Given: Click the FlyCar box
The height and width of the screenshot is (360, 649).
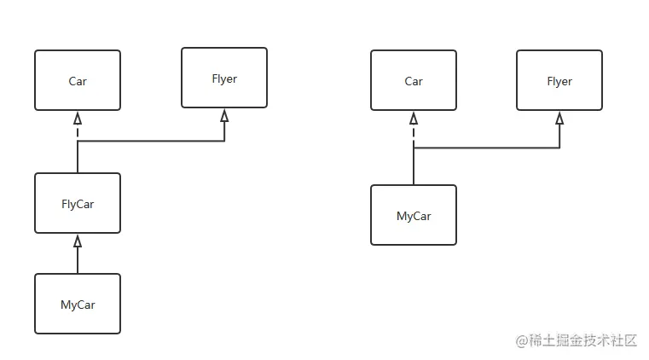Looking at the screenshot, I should point(78,203).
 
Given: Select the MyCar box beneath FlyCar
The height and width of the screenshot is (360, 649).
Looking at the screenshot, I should point(78,304).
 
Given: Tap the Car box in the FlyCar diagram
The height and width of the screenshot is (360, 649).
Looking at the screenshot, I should point(78,80).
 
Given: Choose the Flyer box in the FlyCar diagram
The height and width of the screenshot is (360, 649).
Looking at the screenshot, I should point(224,78).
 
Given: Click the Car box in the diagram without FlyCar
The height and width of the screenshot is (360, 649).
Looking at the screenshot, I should point(414,80).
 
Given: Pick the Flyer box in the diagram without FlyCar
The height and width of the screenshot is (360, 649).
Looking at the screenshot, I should point(559,80).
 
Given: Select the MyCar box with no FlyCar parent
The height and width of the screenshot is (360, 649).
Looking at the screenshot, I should point(414,215).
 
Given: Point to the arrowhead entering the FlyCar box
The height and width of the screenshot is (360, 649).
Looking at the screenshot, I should point(78,241).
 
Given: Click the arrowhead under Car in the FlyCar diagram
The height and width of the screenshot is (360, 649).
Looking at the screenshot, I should point(78,117).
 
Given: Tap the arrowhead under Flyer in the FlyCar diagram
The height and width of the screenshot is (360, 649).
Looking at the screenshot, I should point(224,114).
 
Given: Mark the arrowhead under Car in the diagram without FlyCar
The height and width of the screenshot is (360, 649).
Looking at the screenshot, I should point(414,117).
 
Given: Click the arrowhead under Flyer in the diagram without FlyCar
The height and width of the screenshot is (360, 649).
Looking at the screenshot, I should point(559,117).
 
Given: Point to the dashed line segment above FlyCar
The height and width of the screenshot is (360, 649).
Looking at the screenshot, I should point(78,132).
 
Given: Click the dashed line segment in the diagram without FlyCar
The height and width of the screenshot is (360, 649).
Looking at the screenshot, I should point(414,135).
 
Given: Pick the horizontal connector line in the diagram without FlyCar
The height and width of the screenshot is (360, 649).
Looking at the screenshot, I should point(486,148).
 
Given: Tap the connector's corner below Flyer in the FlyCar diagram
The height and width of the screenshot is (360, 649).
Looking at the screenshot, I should point(224,142).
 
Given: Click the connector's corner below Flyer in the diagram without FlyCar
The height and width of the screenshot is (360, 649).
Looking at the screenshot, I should point(559,148).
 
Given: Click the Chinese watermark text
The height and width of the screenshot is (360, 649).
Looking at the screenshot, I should point(583,340).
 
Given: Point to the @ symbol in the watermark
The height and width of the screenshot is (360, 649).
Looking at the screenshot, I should point(521,340).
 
